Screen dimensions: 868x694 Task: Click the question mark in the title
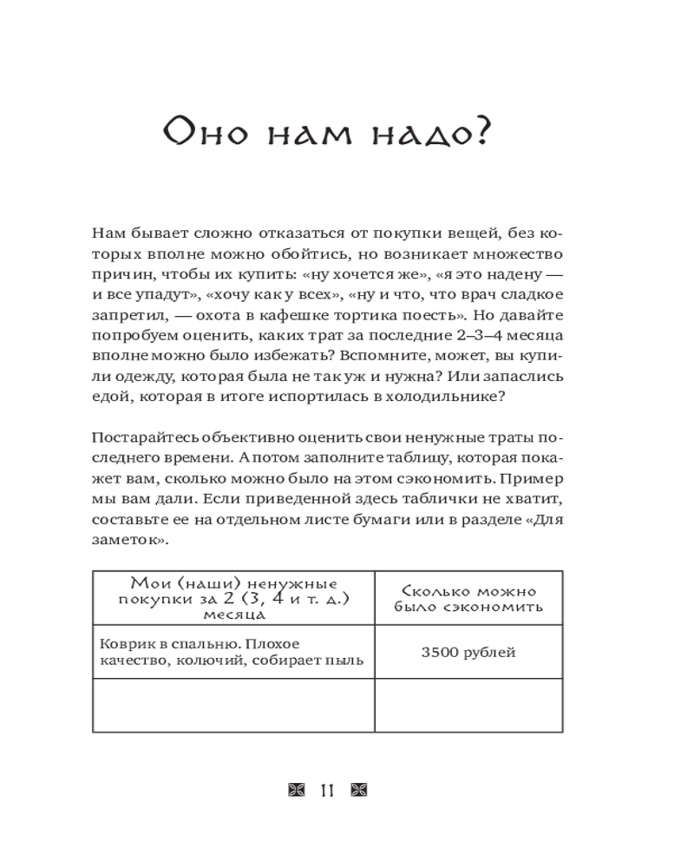click(480, 135)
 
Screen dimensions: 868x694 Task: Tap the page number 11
click(327, 790)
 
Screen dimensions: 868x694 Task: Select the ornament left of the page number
click(296, 790)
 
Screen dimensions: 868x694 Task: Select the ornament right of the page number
click(358, 790)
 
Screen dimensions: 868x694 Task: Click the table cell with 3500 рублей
click(468, 652)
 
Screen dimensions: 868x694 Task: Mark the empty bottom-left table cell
click(233, 705)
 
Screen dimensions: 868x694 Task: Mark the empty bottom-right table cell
click(468, 705)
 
